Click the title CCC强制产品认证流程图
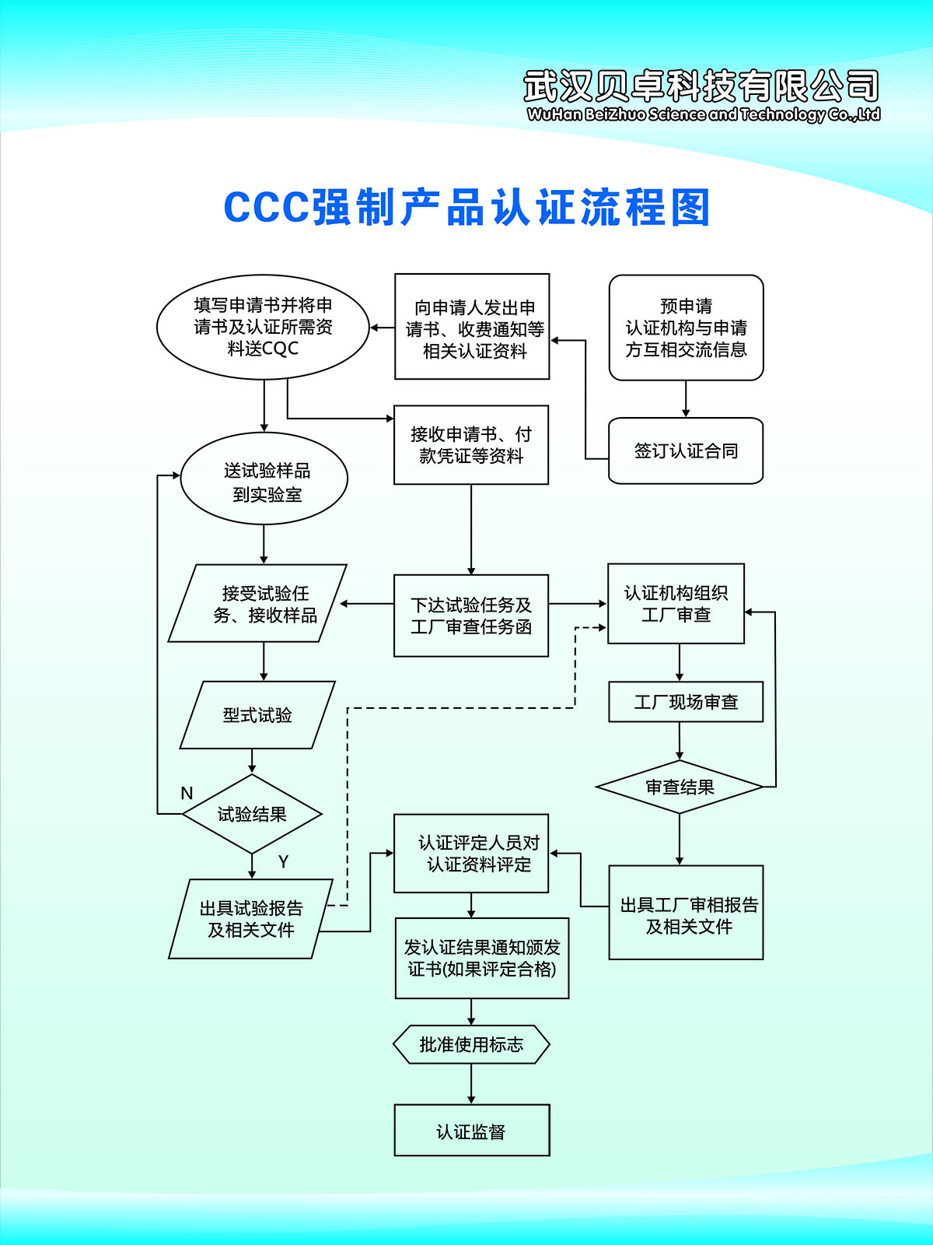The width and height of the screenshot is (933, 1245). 466,208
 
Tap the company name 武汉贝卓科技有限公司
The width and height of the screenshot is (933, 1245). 701,86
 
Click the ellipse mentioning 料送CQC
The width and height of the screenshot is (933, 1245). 263,327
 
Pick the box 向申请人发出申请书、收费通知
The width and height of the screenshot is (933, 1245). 472,327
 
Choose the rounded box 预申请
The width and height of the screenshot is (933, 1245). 686,328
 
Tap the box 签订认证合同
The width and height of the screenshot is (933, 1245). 686,451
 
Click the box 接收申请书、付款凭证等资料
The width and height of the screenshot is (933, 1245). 471,445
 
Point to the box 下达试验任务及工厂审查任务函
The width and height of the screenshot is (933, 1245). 471,615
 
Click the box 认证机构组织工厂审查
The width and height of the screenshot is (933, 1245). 676,604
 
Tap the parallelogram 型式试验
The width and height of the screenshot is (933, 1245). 257,715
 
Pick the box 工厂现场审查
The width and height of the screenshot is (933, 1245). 686,702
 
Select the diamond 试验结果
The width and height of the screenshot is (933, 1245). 252,814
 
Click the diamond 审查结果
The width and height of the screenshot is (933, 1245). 680,787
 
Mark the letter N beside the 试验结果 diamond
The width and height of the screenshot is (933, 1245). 187,793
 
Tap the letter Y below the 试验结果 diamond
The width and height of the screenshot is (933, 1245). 283,861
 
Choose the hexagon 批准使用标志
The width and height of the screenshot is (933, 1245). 471,1044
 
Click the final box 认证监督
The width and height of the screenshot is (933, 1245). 471,1131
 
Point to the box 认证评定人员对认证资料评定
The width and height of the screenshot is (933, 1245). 471,854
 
